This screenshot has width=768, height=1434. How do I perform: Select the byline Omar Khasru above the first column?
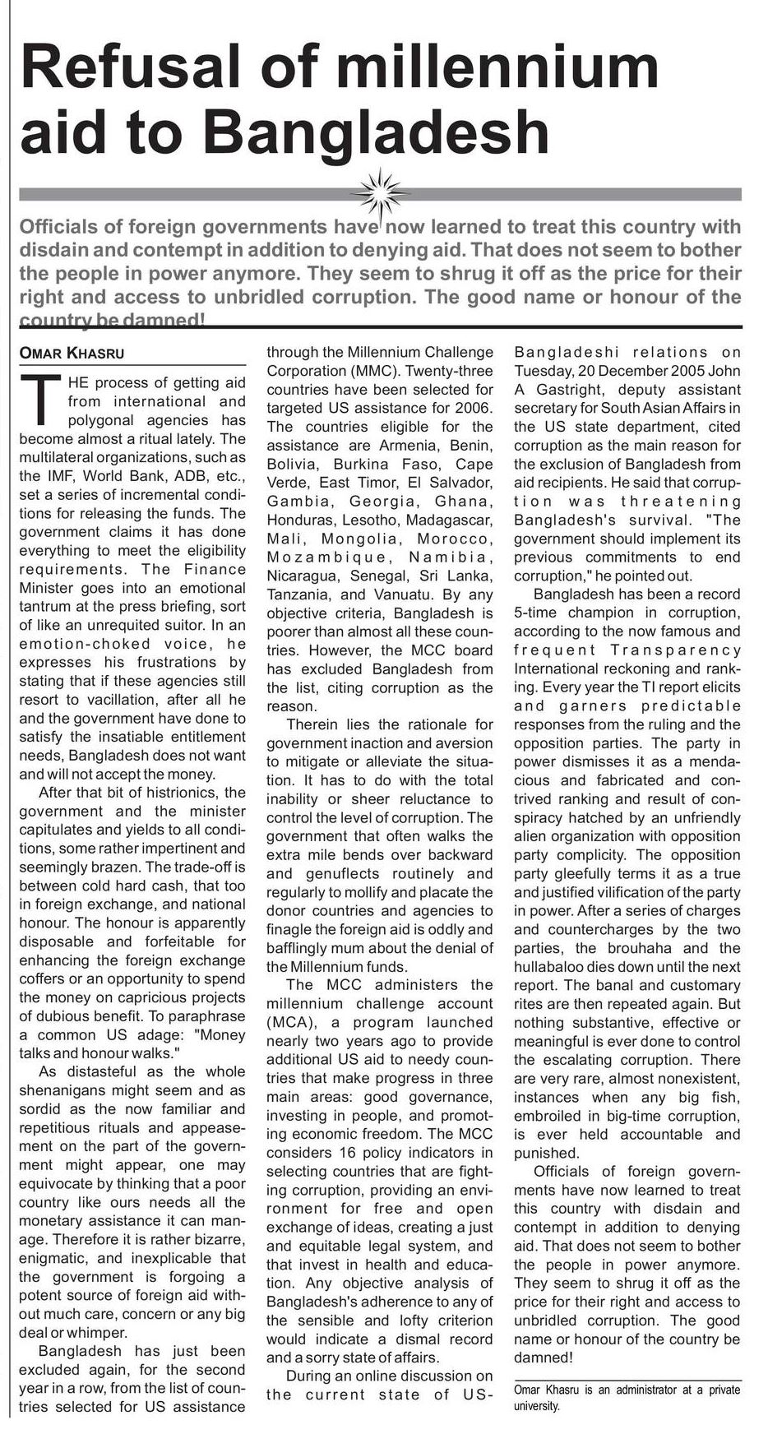coord(72,354)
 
